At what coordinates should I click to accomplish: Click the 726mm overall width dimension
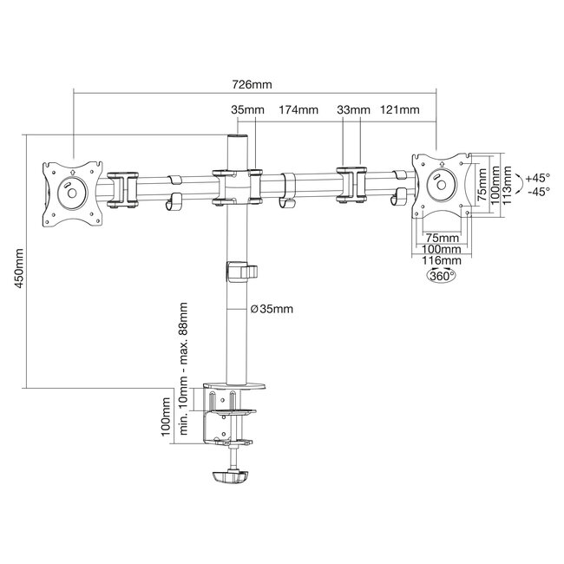(x=252, y=85)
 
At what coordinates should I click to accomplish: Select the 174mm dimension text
(x=298, y=110)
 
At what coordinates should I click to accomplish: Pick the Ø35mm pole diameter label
(x=271, y=309)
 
